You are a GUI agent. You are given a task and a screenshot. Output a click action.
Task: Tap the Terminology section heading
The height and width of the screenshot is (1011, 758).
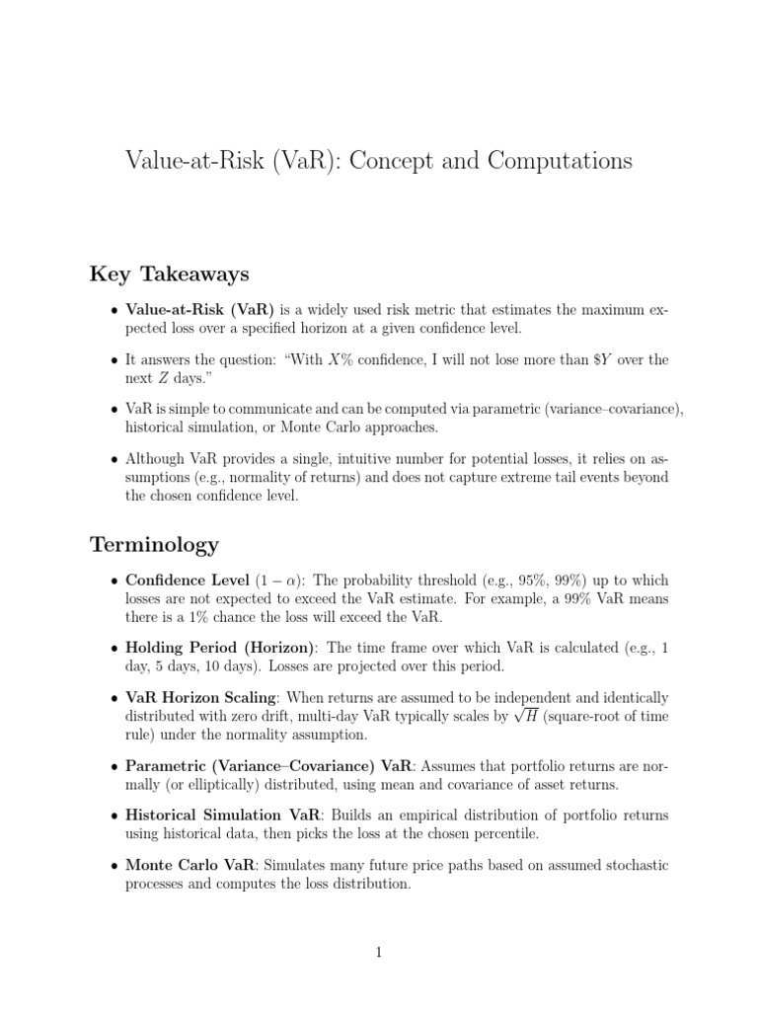click(x=154, y=544)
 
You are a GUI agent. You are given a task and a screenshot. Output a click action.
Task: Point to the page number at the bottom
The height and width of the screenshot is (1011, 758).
click(x=379, y=952)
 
